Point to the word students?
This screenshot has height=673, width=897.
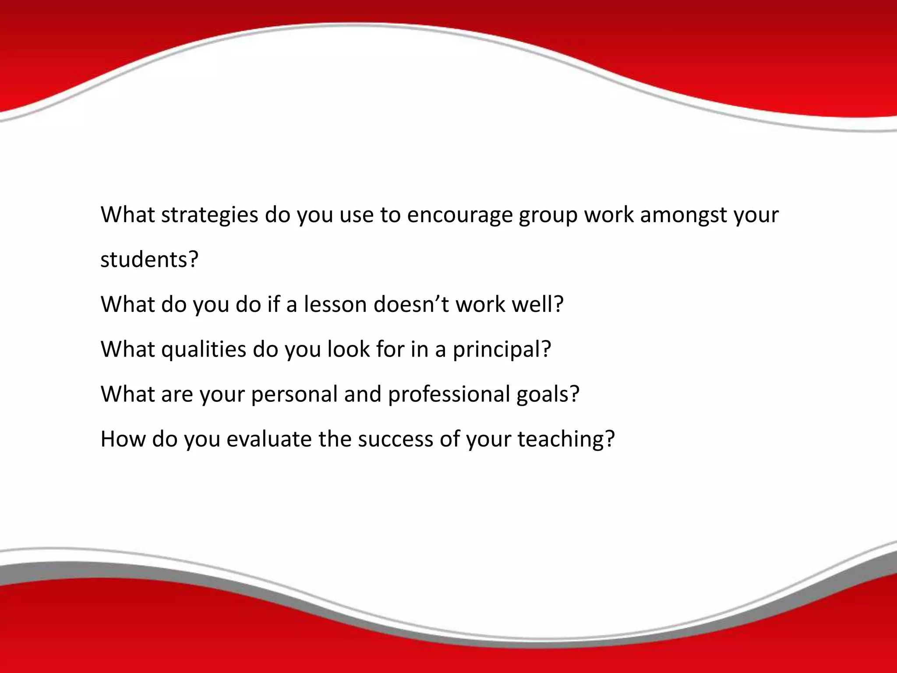point(149,259)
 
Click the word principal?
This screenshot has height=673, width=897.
point(501,350)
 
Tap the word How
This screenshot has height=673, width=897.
point(123,439)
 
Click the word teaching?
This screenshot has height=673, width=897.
point(566,439)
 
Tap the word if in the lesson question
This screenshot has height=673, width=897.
point(274,304)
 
